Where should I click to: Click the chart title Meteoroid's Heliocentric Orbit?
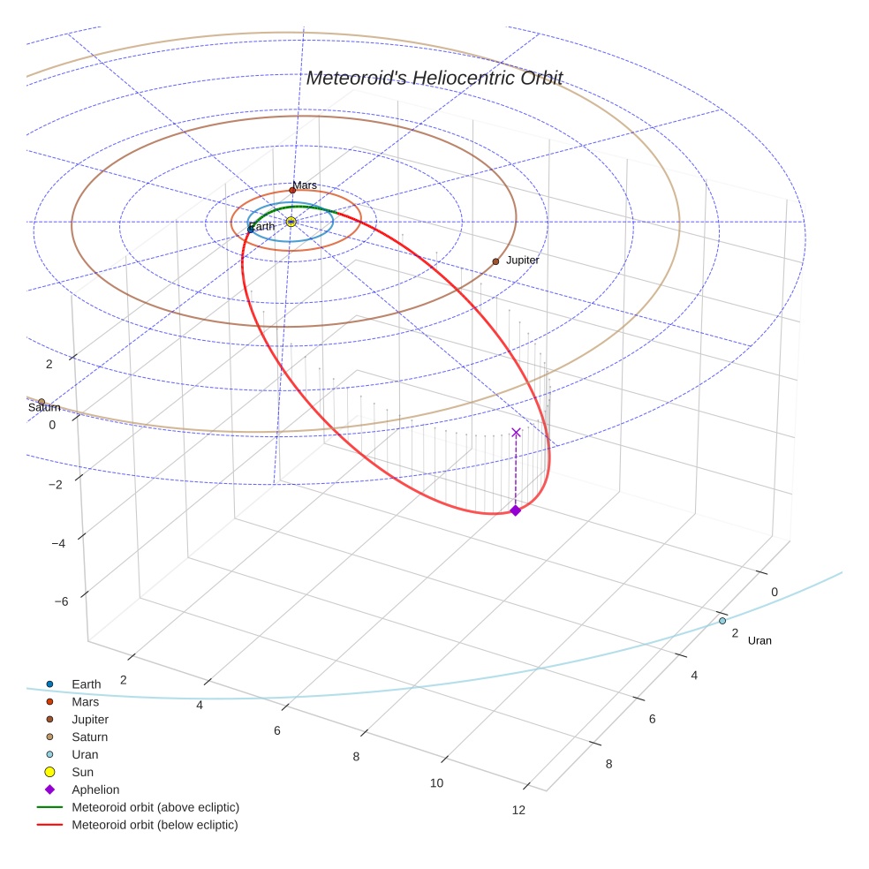[434, 79]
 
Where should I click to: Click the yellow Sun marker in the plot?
[291, 222]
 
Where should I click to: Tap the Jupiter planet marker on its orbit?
[495, 261]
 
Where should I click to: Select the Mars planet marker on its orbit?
[292, 190]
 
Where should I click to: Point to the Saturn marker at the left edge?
[42, 402]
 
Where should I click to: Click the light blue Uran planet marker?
[722, 621]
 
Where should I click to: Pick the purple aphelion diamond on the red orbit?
[516, 510]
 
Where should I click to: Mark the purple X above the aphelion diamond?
[516, 432]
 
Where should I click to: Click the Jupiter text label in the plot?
[522, 261]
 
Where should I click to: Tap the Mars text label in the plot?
[305, 185]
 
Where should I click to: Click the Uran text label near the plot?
[759, 640]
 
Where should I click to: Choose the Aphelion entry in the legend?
[95, 790]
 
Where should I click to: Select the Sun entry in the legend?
[82, 772]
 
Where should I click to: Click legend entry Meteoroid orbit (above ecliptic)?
[155, 807]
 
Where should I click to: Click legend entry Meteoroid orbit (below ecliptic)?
[155, 825]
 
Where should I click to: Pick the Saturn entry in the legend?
[89, 737]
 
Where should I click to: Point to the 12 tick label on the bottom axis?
[518, 810]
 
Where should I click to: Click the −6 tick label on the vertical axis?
[62, 601]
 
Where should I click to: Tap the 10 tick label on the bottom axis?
[436, 783]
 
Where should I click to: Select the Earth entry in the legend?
[86, 684]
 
